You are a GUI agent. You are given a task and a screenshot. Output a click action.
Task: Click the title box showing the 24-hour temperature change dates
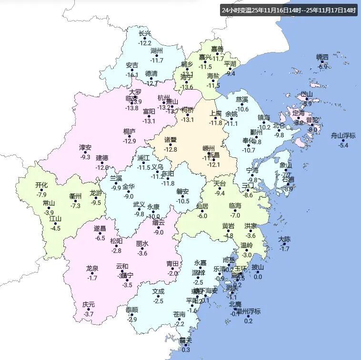click(x=289, y=10)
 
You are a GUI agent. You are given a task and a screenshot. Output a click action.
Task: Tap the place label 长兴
click(x=144, y=33)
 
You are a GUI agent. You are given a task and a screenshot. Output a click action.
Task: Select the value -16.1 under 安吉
click(x=132, y=75)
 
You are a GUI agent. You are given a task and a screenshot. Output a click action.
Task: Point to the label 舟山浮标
click(x=343, y=135)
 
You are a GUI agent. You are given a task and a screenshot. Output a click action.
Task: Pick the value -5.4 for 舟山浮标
click(x=343, y=145)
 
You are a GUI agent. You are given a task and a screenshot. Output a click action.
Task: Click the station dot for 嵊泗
click(x=322, y=62)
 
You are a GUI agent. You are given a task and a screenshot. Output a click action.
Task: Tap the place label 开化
click(x=41, y=185)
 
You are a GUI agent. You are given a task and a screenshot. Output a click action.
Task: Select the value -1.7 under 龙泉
click(x=92, y=278)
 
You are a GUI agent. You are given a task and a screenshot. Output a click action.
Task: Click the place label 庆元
click(x=88, y=304)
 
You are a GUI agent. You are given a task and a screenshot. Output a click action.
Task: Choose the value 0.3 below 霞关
click(x=186, y=350)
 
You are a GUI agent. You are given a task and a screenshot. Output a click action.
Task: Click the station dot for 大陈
click(x=284, y=244)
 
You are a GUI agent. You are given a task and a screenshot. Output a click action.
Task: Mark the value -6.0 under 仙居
click(x=202, y=216)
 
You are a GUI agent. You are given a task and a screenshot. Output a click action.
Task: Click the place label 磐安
click(x=182, y=191)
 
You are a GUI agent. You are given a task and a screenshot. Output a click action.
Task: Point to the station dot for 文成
click(x=159, y=296)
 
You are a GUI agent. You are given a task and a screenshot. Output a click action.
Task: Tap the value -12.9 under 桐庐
click(x=129, y=141)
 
